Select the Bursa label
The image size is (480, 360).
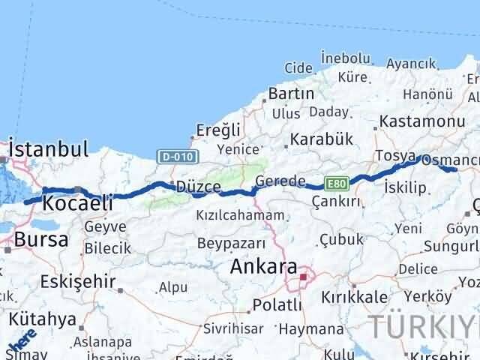42,241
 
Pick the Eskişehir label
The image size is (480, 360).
79,282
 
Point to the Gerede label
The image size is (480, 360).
280,181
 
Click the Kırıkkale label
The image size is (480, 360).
355,297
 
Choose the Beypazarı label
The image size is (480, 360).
231,243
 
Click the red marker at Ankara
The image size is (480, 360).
303,277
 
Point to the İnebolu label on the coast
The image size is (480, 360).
345,58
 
